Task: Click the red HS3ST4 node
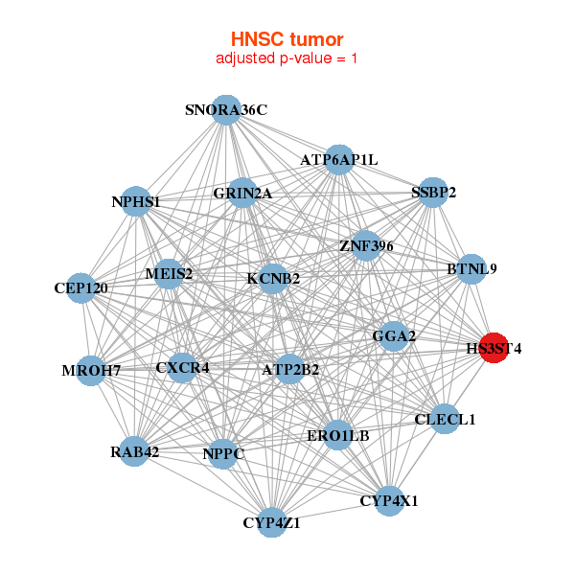[x=493, y=349]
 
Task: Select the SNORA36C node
[x=226, y=110]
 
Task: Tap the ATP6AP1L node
[x=339, y=159]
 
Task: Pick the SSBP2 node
[x=434, y=192]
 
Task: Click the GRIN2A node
[x=242, y=194]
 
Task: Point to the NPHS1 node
[x=136, y=202]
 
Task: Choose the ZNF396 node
[x=366, y=246]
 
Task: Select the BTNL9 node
[x=471, y=269]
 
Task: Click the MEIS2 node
[x=169, y=274]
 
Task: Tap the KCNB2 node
[x=273, y=279]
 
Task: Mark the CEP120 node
[x=81, y=287]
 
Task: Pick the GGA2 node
[x=394, y=336]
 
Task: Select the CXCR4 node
[x=182, y=367]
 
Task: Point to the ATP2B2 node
[x=290, y=369]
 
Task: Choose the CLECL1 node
[x=445, y=419]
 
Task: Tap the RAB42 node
[x=134, y=451]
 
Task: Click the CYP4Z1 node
[x=272, y=522]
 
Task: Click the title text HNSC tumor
[x=287, y=39]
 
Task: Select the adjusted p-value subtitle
[x=287, y=58]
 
